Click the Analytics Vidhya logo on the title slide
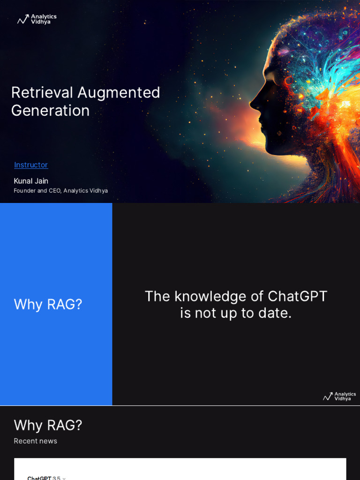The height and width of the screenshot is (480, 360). click(37, 19)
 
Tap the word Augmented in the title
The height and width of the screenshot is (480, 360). click(119, 92)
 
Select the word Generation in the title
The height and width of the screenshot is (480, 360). click(50, 111)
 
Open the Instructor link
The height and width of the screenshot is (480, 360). click(31, 165)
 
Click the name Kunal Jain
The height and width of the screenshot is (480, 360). click(31, 181)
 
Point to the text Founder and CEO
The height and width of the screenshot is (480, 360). click(37, 191)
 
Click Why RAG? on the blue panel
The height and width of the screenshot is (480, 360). click(48, 304)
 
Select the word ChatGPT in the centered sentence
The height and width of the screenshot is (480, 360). click(297, 296)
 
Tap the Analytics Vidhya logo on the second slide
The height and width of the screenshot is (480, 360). click(339, 397)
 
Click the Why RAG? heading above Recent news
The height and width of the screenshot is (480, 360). click(48, 425)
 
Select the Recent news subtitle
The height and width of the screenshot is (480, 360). click(35, 441)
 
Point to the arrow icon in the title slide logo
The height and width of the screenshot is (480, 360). click(23, 19)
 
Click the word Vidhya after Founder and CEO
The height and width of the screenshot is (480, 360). click(98, 191)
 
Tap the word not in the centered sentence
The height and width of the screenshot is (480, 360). click(205, 313)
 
